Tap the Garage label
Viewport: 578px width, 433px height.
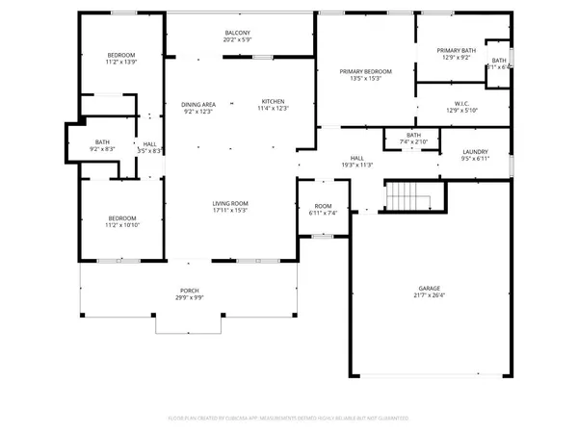click(x=430, y=288)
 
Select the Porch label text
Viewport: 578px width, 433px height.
click(x=189, y=291)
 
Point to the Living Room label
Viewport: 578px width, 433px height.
click(x=231, y=203)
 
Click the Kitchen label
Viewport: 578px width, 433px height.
click(x=274, y=102)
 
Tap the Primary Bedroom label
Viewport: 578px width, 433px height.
click(x=365, y=71)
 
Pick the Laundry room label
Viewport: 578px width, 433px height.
click(x=475, y=151)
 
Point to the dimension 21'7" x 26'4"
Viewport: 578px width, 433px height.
click(x=430, y=295)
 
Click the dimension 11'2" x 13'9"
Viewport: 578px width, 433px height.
click(x=121, y=62)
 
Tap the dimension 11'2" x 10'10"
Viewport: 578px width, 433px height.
click(x=121, y=225)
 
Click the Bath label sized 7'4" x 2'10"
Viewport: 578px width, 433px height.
click(x=414, y=135)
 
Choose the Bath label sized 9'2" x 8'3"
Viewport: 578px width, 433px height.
click(x=102, y=142)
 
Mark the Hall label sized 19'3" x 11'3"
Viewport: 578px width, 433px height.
click(x=356, y=158)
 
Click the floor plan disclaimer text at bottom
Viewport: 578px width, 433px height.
click(x=289, y=419)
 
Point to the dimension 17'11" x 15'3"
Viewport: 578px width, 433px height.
click(x=231, y=211)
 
